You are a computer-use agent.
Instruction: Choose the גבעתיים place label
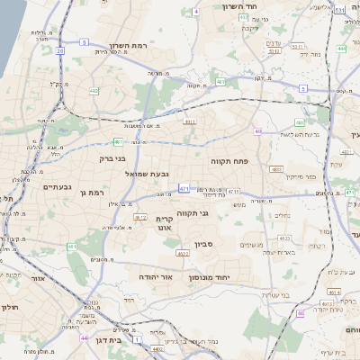pos(58,186)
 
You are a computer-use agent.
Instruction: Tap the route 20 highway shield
pos(60,51)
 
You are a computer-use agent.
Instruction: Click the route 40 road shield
pos(257,131)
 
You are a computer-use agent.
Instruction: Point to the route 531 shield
pos(338,10)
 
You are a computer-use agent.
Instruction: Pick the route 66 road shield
pos(300,313)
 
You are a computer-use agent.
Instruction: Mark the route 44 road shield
pos(84,337)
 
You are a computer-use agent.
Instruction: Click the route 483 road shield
pos(276,169)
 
